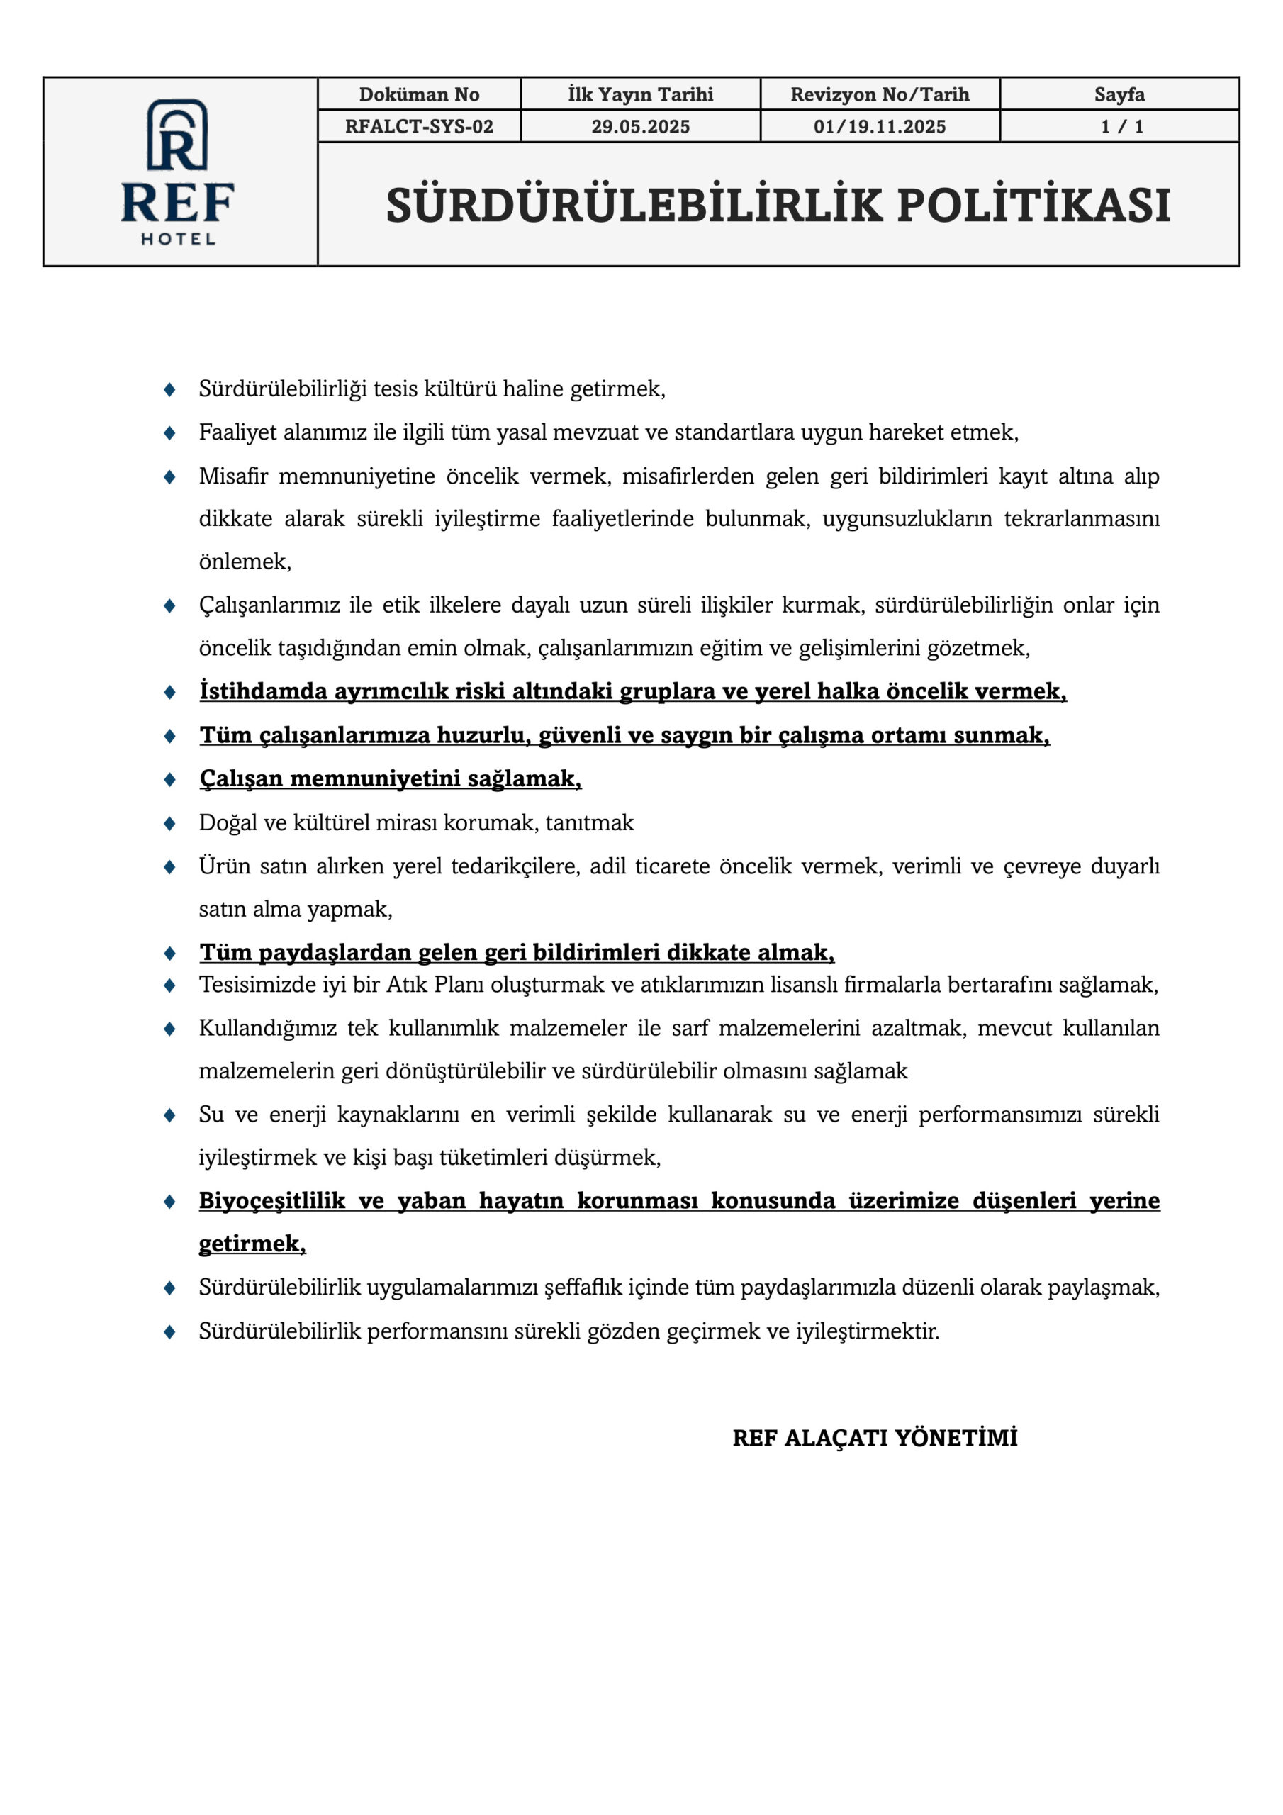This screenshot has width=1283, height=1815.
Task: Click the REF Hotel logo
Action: [178, 172]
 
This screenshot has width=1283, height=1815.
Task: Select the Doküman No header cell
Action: [419, 94]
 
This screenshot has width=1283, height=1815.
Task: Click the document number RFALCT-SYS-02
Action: [419, 126]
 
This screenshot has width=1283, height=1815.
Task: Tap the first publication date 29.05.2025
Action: [640, 126]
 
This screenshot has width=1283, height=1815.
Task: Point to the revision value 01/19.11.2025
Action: [880, 126]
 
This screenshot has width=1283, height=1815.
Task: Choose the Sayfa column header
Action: [1119, 94]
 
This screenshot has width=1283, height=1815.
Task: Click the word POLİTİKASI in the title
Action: [1033, 206]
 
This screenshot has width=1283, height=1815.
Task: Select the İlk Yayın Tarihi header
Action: [640, 94]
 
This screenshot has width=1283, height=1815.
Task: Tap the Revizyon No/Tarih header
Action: [880, 94]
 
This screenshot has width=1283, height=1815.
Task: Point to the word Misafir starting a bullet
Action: [233, 476]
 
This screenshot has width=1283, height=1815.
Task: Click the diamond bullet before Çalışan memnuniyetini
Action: [169, 779]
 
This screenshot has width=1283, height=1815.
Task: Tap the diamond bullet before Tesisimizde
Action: [169, 985]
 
